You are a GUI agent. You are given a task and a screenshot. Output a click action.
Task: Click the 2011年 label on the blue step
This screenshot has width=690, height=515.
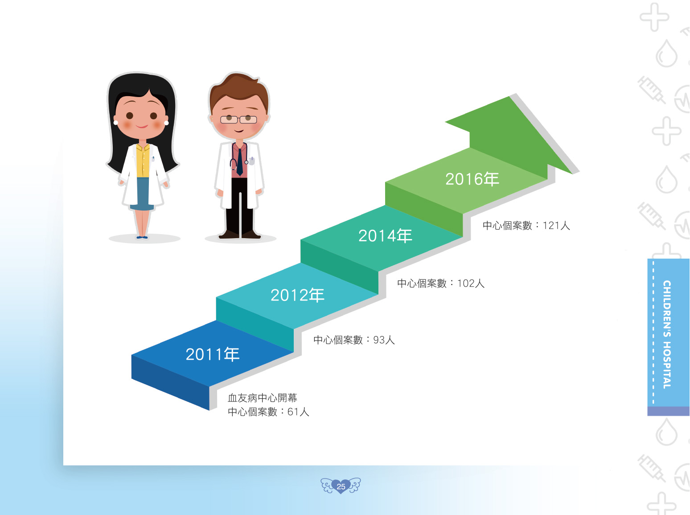click(x=213, y=354)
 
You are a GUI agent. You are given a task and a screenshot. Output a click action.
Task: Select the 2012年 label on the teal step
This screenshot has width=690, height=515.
click(x=297, y=295)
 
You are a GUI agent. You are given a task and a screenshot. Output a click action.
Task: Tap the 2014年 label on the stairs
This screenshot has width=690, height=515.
click(x=385, y=235)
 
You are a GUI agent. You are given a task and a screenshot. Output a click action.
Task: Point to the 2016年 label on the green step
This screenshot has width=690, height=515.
click(x=472, y=179)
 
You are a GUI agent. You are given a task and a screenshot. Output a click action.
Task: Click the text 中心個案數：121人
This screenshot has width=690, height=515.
click(x=526, y=225)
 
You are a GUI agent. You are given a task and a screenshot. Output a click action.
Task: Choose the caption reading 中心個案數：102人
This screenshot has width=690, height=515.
click(x=441, y=284)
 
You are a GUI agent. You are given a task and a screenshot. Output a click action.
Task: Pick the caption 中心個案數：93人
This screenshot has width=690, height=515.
click(x=354, y=340)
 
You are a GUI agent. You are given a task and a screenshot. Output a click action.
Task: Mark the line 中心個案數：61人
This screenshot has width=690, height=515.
click(x=268, y=412)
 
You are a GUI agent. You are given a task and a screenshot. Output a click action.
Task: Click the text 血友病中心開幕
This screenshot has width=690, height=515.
click(x=263, y=398)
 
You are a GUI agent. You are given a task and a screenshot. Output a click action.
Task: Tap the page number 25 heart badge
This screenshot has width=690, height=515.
click(x=341, y=486)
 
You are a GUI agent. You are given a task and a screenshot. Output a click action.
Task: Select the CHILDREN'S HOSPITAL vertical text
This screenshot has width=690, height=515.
click(x=667, y=335)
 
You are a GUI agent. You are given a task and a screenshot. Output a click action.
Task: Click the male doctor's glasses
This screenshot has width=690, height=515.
click(x=238, y=120)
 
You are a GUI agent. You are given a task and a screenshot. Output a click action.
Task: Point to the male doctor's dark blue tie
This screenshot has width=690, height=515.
click(x=239, y=162)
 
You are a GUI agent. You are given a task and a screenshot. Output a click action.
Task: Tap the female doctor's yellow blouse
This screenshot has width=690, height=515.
click(x=143, y=161)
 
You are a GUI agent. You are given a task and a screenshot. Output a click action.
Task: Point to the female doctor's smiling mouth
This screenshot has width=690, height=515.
click(x=142, y=126)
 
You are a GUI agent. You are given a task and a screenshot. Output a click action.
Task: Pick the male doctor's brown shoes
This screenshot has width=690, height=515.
click(x=239, y=235)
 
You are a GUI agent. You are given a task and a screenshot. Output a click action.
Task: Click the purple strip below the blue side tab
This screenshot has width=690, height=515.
click(x=668, y=411)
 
